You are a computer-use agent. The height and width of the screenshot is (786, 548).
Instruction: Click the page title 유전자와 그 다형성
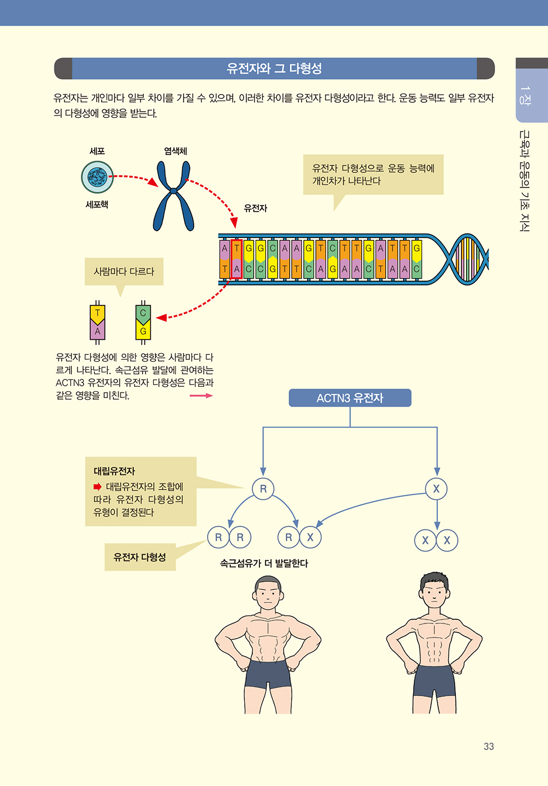coord(274,68)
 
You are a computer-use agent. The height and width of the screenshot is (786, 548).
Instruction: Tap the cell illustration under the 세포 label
coord(97,177)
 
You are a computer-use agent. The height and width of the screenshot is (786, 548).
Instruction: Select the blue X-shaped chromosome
coord(173,196)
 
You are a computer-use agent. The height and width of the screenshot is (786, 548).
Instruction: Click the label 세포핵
coord(97,204)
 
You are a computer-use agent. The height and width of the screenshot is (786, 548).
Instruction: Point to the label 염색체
coord(175,151)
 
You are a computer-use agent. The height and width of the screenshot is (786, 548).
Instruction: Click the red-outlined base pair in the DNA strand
coord(237,259)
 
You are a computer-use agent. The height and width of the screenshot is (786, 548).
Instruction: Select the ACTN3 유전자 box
coord(350,398)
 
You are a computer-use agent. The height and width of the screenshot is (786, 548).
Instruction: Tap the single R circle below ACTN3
coord(263,488)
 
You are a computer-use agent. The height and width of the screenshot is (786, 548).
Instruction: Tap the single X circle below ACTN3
coord(436,488)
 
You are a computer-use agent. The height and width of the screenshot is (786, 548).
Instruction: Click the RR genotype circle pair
coord(229,537)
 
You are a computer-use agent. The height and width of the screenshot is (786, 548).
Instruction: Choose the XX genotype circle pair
coord(436,540)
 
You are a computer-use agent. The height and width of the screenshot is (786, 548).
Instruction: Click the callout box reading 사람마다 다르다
coord(124,271)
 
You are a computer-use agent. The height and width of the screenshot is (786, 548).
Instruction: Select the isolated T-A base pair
coord(98,322)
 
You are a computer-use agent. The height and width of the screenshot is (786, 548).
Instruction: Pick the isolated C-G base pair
coord(143,322)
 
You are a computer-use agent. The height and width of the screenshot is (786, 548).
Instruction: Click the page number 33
coord(488,746)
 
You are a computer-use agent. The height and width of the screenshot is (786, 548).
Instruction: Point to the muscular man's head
coord(268,595)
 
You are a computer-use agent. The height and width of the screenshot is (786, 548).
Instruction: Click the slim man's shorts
coord(434,680)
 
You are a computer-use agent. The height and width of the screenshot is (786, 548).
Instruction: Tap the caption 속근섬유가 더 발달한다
coord(264,564)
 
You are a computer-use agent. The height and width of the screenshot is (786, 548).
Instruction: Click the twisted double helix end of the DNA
coord(463,259)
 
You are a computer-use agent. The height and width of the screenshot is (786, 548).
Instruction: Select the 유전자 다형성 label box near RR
coord(140,557)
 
